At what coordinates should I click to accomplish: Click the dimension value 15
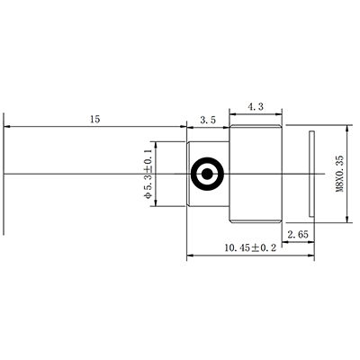(x=94, y=119)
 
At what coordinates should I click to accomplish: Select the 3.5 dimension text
(x=208, y=121)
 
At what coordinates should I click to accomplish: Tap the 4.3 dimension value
(x=256, y=106)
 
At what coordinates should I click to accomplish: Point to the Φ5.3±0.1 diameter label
(x=148, y=174)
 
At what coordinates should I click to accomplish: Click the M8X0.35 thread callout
(x=339, y=174)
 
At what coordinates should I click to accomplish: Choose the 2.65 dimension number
(x=298, y=234)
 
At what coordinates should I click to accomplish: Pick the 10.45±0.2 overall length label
(x=250, y=247)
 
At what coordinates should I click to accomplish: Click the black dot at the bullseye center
(x=207, y=174)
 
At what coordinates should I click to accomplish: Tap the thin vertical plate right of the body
(x=312, y=174)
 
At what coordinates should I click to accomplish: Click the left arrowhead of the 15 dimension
(x=7, y=127)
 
